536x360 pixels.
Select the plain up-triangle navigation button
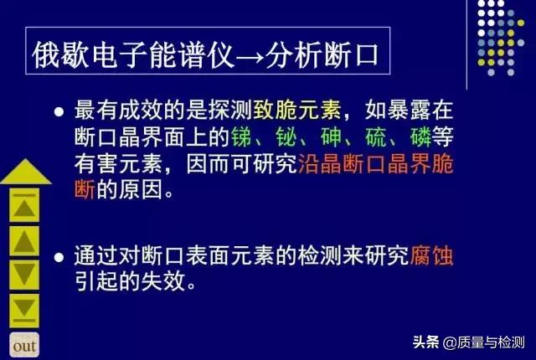[26, 240]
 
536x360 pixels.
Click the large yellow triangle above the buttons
[25, 171]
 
